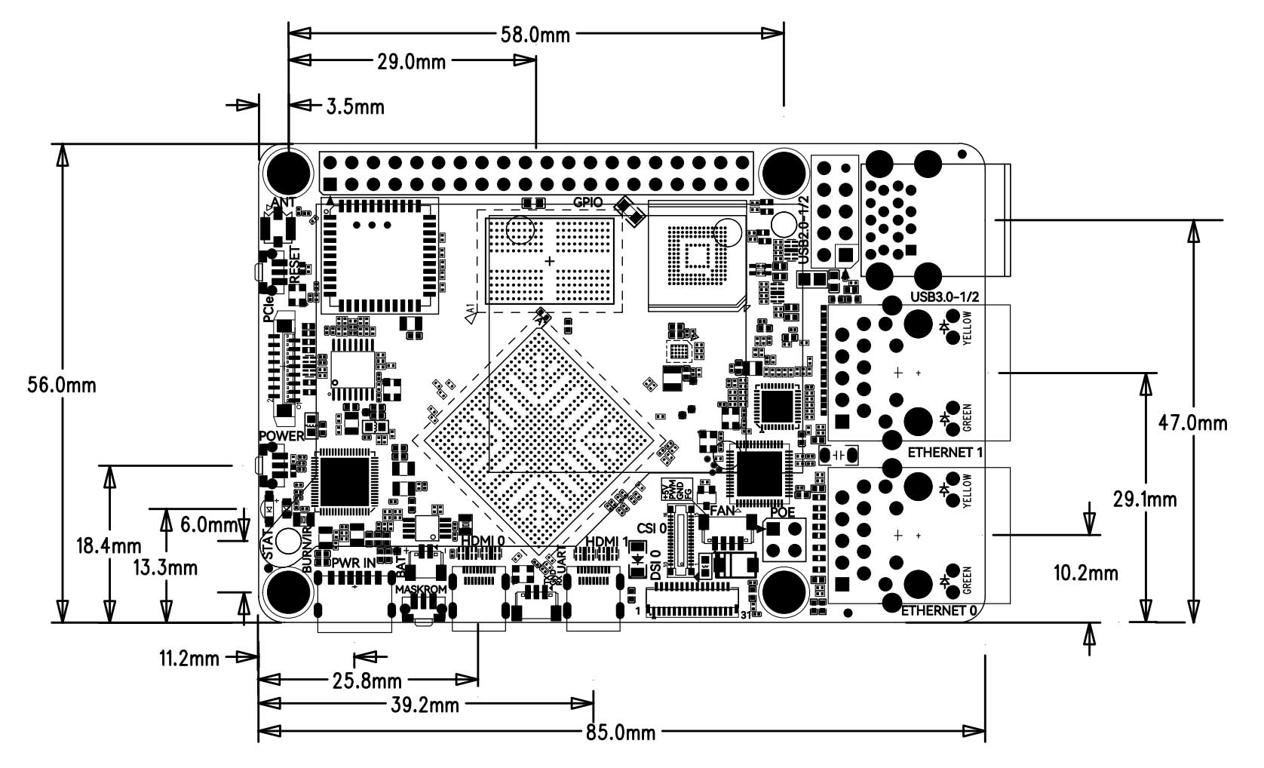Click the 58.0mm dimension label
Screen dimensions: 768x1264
coord(535,34)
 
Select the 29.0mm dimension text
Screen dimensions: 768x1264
coord(412,62)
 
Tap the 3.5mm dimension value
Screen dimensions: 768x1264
coord(355,107)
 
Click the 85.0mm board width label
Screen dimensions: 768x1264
coord(621,732)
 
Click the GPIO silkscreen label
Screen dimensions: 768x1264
coord(588,202)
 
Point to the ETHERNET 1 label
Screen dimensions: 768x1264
coord(946,453)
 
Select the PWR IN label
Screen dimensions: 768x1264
coord(353,562)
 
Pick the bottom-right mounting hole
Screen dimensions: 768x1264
coord(782,591)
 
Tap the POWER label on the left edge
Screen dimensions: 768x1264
coord(281,436)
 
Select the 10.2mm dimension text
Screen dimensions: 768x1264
coord(1085,573)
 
